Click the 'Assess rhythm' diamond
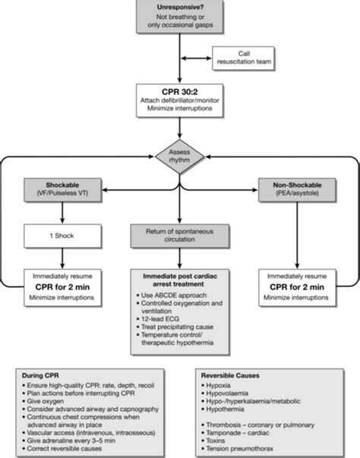point(180,153)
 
